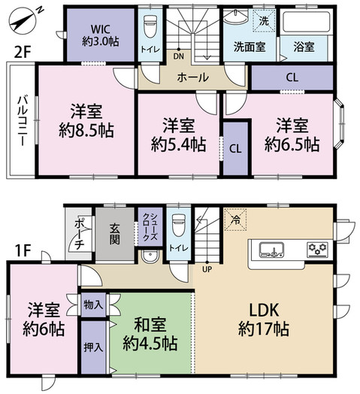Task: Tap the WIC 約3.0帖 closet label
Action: pyautogui.click(x=99, y=35)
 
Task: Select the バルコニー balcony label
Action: pyautogui.click(x=21, y=120)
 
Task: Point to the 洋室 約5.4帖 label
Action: pyautogui.click(x=177, y=133)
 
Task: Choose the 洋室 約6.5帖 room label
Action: pyautogui.click(x=290, y=133)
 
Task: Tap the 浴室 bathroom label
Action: pyautogui.click(x=306, y=44)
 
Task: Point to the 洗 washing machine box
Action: pyautogui.click(x=265, y=20)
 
